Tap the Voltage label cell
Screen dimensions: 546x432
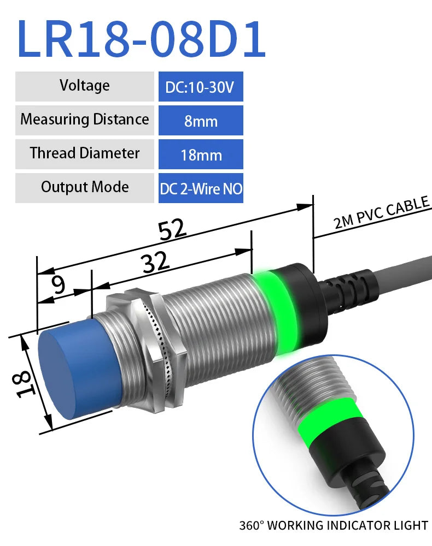pos(84,86)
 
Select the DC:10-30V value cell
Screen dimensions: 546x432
pos(201,87)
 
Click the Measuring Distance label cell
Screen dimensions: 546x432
pos(84,120)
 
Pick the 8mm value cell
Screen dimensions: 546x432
pos(201,121)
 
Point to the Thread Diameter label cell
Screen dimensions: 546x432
pos(84,153)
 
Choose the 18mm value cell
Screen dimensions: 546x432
pos(201,155)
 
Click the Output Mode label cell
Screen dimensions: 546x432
pos(84,187)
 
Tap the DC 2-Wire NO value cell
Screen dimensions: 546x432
pos(201,188)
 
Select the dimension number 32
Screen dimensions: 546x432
pos(155,264)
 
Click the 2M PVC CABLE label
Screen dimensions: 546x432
pos(381,213)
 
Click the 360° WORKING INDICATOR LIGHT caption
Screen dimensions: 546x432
pos(334,526)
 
